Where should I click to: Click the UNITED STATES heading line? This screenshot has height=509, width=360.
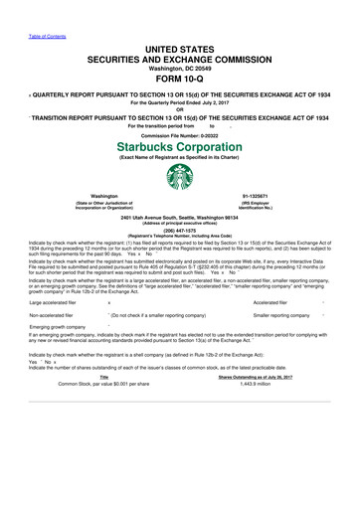tap(180, 49)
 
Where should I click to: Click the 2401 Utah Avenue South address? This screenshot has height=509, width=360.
tap(180, 216)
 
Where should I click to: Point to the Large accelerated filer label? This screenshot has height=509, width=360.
tap(57, 317)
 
